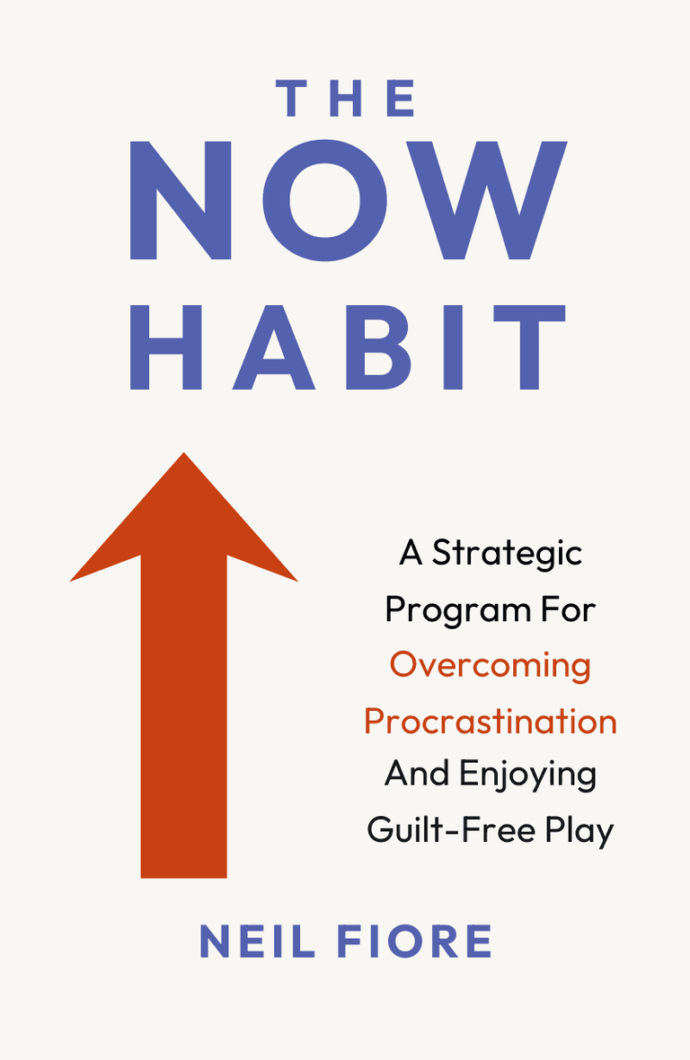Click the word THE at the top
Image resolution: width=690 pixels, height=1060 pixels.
point(347,99)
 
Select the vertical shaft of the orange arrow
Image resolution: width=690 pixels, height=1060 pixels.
point(184,718)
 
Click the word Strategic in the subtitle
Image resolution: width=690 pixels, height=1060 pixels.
point(507,554)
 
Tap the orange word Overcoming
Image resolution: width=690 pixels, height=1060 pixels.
point(491,666)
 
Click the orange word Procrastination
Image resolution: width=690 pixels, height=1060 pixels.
point(491,722)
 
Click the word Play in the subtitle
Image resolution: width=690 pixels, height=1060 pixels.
point(579,831)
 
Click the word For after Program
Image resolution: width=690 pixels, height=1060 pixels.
point(567,610)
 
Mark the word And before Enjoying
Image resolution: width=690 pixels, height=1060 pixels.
point(418,774)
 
